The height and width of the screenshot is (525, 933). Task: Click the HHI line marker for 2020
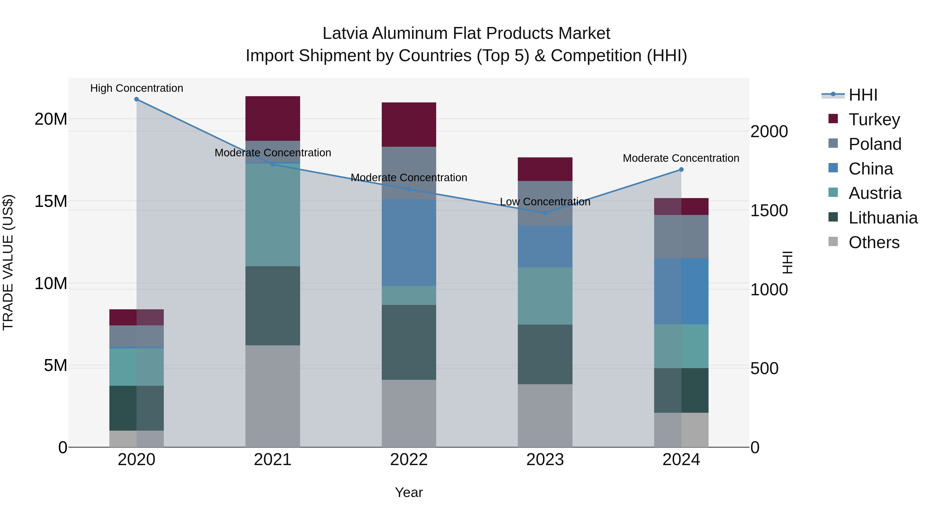137,99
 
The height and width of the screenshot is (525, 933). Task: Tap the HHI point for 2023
545,213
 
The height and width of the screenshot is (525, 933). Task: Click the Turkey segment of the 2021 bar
273,118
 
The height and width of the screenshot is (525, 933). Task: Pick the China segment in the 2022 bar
409,243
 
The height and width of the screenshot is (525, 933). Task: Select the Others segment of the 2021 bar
273,396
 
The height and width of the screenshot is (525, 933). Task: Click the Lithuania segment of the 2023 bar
545,354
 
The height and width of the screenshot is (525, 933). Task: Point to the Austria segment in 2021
273,215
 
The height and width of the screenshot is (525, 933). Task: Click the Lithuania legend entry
883,218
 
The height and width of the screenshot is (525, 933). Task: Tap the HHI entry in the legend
863,95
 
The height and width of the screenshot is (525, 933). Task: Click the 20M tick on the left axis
51,119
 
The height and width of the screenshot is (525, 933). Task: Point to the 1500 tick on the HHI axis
769,211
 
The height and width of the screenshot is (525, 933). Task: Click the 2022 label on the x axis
409,460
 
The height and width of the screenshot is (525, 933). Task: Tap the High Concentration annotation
137,88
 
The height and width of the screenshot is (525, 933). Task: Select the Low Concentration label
545,202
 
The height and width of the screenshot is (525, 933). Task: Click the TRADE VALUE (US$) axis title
8,263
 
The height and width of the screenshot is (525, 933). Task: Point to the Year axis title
409,492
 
